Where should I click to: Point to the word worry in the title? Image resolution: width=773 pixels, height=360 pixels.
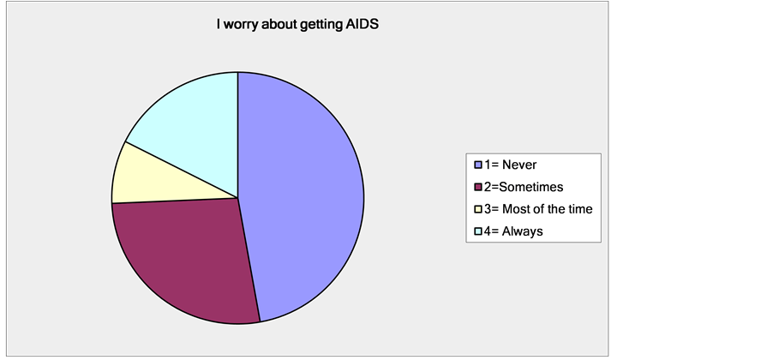240,25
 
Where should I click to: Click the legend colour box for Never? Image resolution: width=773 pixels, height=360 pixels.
477,165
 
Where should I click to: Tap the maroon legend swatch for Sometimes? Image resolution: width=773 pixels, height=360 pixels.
477,187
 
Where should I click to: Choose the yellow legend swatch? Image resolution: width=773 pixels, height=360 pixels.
477,209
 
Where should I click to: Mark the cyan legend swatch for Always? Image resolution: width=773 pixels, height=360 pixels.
477,231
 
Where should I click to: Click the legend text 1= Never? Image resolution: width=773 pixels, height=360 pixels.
510,165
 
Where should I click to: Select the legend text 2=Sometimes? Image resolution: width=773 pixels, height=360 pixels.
524,187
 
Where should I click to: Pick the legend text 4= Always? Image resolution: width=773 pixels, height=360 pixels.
513,231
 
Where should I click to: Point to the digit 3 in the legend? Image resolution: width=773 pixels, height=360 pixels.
487,209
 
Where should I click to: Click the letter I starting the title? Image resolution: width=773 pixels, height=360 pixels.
219,24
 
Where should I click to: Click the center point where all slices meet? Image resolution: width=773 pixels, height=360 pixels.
238,198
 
